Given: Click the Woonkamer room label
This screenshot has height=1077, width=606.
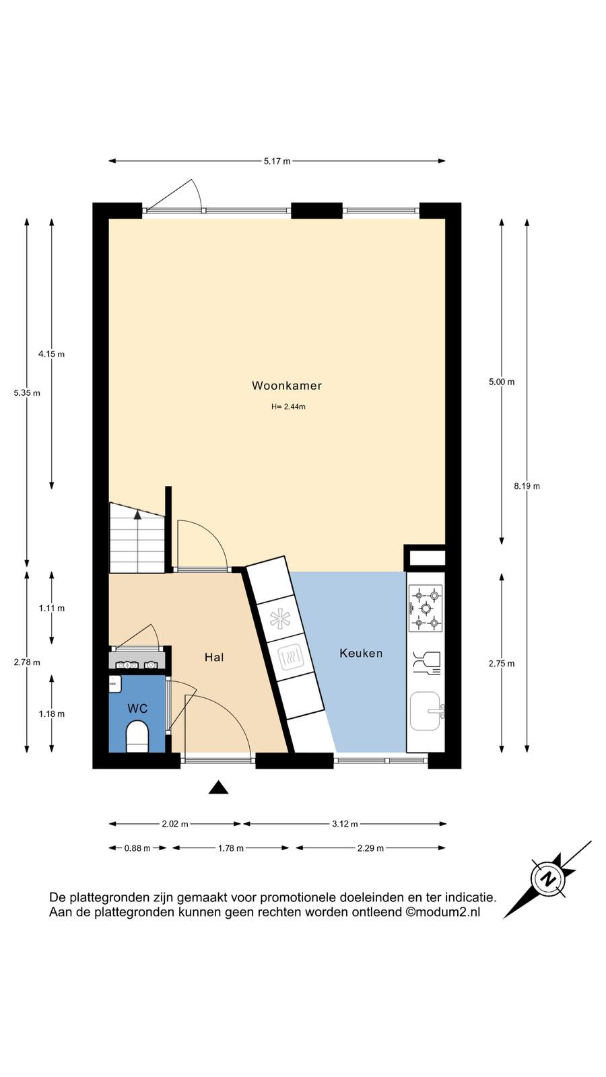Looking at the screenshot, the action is click(x=287, y=385).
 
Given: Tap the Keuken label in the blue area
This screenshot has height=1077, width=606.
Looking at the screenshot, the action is click(x=361, y=653).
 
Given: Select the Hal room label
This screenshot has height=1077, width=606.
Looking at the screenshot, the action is click(x=214, y=657).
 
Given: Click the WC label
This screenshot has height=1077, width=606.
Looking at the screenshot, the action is click(x=137, y=708).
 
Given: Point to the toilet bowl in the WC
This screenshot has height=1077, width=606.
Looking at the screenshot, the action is click(x=137, y=736).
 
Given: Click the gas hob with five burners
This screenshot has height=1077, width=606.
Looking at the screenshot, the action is click(x=426, y=609).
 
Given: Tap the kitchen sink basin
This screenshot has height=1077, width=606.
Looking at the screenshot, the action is click(x=425, y=711).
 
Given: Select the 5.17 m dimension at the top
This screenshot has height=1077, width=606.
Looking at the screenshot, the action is click(x=277, y=161).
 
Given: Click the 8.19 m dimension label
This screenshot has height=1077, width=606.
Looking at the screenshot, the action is click(x=527, y=486).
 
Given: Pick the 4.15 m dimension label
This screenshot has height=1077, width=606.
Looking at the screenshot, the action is click(x=51, y=354).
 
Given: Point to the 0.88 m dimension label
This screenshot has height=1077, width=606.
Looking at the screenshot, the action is click(x=137, y=848).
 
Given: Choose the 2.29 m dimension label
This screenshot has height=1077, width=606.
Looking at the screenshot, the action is click(x=370, y=848).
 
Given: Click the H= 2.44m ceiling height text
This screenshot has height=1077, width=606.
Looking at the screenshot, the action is click(x=288, y=407).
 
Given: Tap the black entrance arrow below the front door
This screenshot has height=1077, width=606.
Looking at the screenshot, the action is click(x=218, y=787).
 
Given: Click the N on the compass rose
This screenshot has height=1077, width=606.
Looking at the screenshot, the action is click(x=547, y=879).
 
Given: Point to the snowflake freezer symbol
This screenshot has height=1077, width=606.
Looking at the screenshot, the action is click(x=280, y=619).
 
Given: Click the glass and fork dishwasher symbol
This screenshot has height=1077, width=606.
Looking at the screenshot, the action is click(x=427, y=664).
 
